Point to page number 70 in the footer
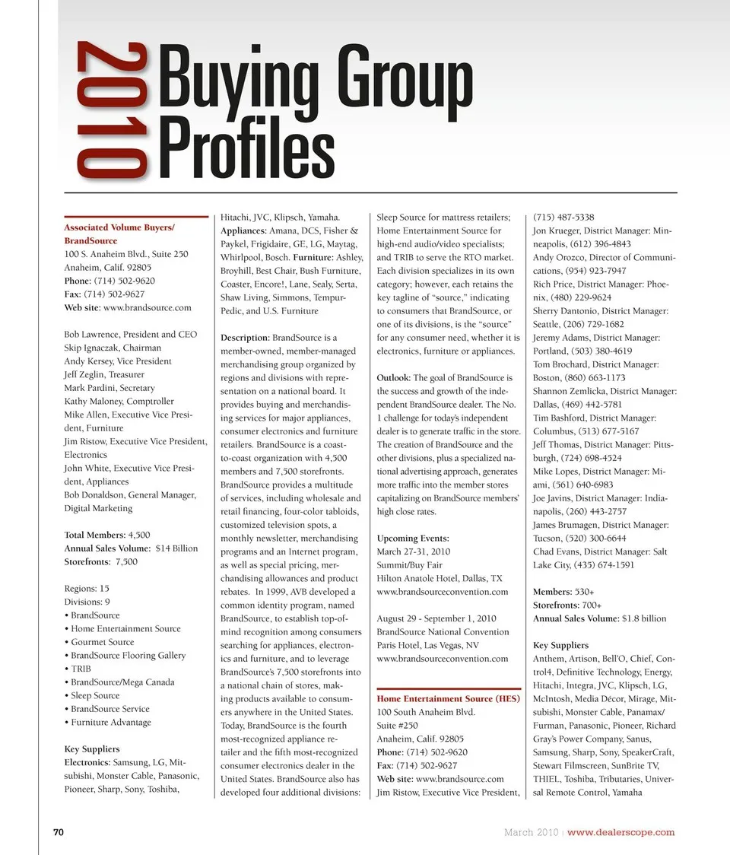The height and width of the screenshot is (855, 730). (x=57, y=831)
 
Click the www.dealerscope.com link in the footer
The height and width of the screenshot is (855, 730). (x=620, y=831)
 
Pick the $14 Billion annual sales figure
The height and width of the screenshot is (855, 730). (x=176, y=548)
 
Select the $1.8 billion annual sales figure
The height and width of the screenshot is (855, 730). (x=643, y=618)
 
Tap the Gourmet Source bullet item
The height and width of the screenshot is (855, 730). (x=102, y=642)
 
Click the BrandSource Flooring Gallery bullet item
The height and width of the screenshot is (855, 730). (x=128, y=655)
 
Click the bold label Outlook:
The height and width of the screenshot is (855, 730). (x=394, y=378)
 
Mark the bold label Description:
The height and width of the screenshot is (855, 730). (x=244, y=338)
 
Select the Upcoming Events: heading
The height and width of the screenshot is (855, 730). (x=413, y=539)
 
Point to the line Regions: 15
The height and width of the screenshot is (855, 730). (x=87, y=589)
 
